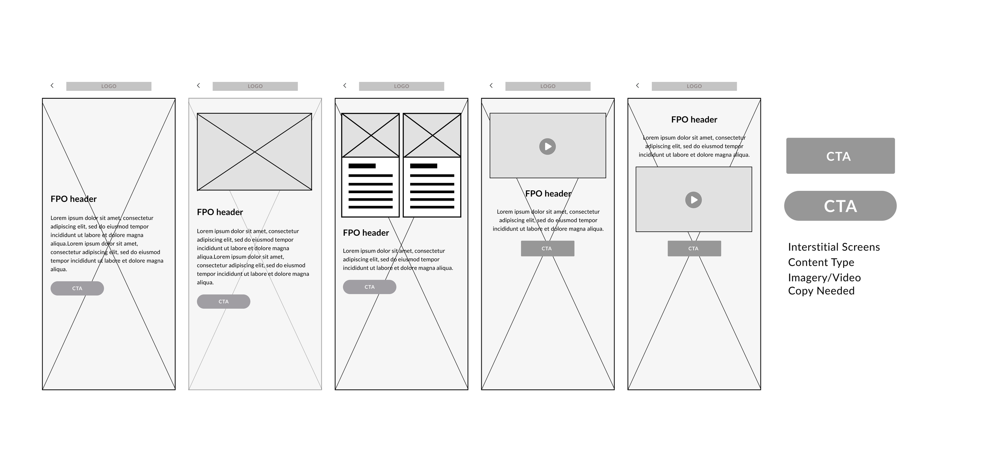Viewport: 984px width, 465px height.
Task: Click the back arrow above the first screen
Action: click(x=52, y=85)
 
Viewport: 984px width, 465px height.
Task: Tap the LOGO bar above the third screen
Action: click(x=401, y=86)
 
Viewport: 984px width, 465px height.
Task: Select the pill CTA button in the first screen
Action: click(x=77, y=288)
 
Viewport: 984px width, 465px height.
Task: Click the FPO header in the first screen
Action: click(x=74, y=199)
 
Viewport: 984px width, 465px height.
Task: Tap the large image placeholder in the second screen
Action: click(x=254, y=152)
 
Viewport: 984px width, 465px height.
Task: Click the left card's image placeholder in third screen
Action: click(x=370, y=135)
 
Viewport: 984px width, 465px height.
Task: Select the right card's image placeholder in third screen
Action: click(x=432, y=135)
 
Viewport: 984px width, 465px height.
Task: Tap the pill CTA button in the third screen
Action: click(x=370, y=287)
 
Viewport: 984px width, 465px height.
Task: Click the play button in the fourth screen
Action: click(x=547, y=146)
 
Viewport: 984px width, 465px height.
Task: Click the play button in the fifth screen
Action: click(x=694, y=200)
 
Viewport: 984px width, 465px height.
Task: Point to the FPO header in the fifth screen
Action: click(x=694, y=120)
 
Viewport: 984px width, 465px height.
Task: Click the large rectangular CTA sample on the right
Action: click(x=840, y=156)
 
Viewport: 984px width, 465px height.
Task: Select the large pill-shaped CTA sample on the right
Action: click(x=840, y=206)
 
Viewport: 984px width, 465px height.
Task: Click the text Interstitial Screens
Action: click(x=834, y=247)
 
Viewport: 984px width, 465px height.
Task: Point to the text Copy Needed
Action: click(x=821, y=291)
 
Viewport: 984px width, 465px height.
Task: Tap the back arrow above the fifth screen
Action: click(x=638, y=85)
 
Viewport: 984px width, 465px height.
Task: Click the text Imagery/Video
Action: click(x=824, y=278)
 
